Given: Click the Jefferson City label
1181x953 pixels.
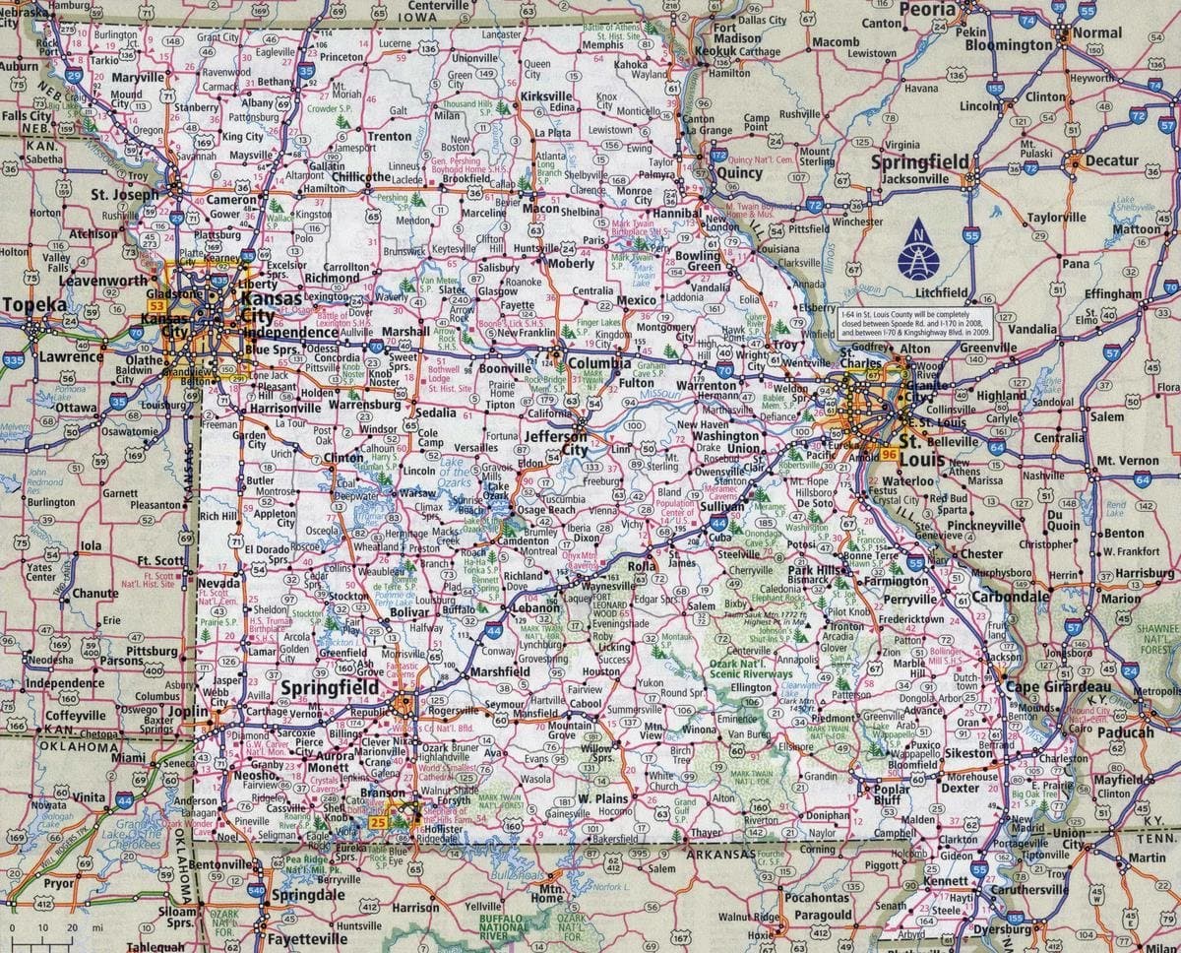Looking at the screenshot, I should (x=556, y=442).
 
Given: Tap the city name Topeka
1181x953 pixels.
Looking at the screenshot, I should (x=34, y=305).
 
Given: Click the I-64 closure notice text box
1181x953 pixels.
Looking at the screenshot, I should (x=914, y=322).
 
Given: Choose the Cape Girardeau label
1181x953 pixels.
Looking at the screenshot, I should (x=1059, y=686).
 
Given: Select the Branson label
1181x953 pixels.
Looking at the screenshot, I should (x=382, y=793).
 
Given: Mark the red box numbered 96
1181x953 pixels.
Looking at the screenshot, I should (x=889, y=455).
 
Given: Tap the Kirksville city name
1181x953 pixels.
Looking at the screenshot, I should (x=546, y=95).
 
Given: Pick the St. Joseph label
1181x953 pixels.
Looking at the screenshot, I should (x=124, y=195).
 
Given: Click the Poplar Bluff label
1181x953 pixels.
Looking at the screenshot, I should (x=893, y=794).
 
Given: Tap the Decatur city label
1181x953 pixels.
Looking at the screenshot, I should (x=1112, y=160).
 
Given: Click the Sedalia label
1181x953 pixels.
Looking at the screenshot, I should (x=435, y=413).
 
